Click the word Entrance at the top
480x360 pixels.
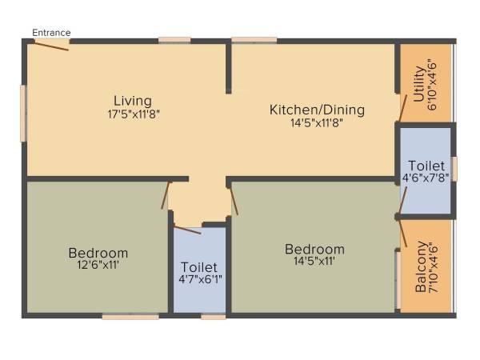coord(51,33)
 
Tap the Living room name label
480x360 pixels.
coord(132,101)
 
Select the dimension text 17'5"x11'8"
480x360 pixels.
coord(132,114)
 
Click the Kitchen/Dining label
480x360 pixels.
coord(317,110)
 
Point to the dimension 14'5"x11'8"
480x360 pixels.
coord(317,122)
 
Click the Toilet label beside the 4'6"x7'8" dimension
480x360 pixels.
coord(426,166)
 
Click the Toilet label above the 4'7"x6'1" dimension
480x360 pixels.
coord(200,266)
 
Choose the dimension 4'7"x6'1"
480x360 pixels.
coord(200,279)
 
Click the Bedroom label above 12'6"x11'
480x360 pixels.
coord(98,253)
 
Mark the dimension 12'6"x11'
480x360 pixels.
coord(98,265)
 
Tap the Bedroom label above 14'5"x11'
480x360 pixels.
coord(314,250)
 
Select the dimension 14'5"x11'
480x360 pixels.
coord(314,262)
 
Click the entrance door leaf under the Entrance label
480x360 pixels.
coord(51,44)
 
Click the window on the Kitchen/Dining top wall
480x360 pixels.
coord(254,39)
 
